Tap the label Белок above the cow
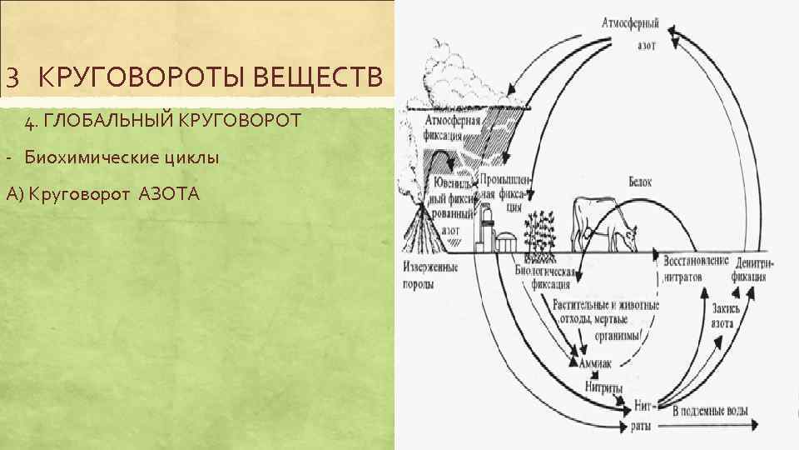[639, 181]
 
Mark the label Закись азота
[724, 316]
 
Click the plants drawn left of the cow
[539, 230]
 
